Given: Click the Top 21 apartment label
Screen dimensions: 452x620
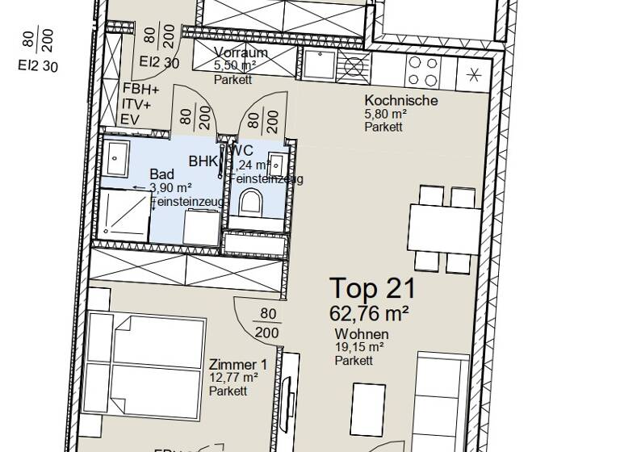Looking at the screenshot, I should [372, 288].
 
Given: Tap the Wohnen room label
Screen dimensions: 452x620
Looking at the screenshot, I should [362, 334].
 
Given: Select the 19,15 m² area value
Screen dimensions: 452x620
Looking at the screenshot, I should [359, 348].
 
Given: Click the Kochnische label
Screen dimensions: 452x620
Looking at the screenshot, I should [401, 101].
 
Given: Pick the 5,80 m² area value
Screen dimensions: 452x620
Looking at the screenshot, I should [386, 115].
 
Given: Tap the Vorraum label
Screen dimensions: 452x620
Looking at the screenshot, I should [241, 53].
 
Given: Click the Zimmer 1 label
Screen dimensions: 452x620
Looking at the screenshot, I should [237, 364].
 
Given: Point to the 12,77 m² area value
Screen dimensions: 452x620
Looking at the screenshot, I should [233, 378].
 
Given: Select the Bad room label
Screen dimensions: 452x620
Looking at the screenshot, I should [162, 174].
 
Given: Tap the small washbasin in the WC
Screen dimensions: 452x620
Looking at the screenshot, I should [278, 161].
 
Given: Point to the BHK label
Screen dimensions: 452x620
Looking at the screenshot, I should [203, 161].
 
